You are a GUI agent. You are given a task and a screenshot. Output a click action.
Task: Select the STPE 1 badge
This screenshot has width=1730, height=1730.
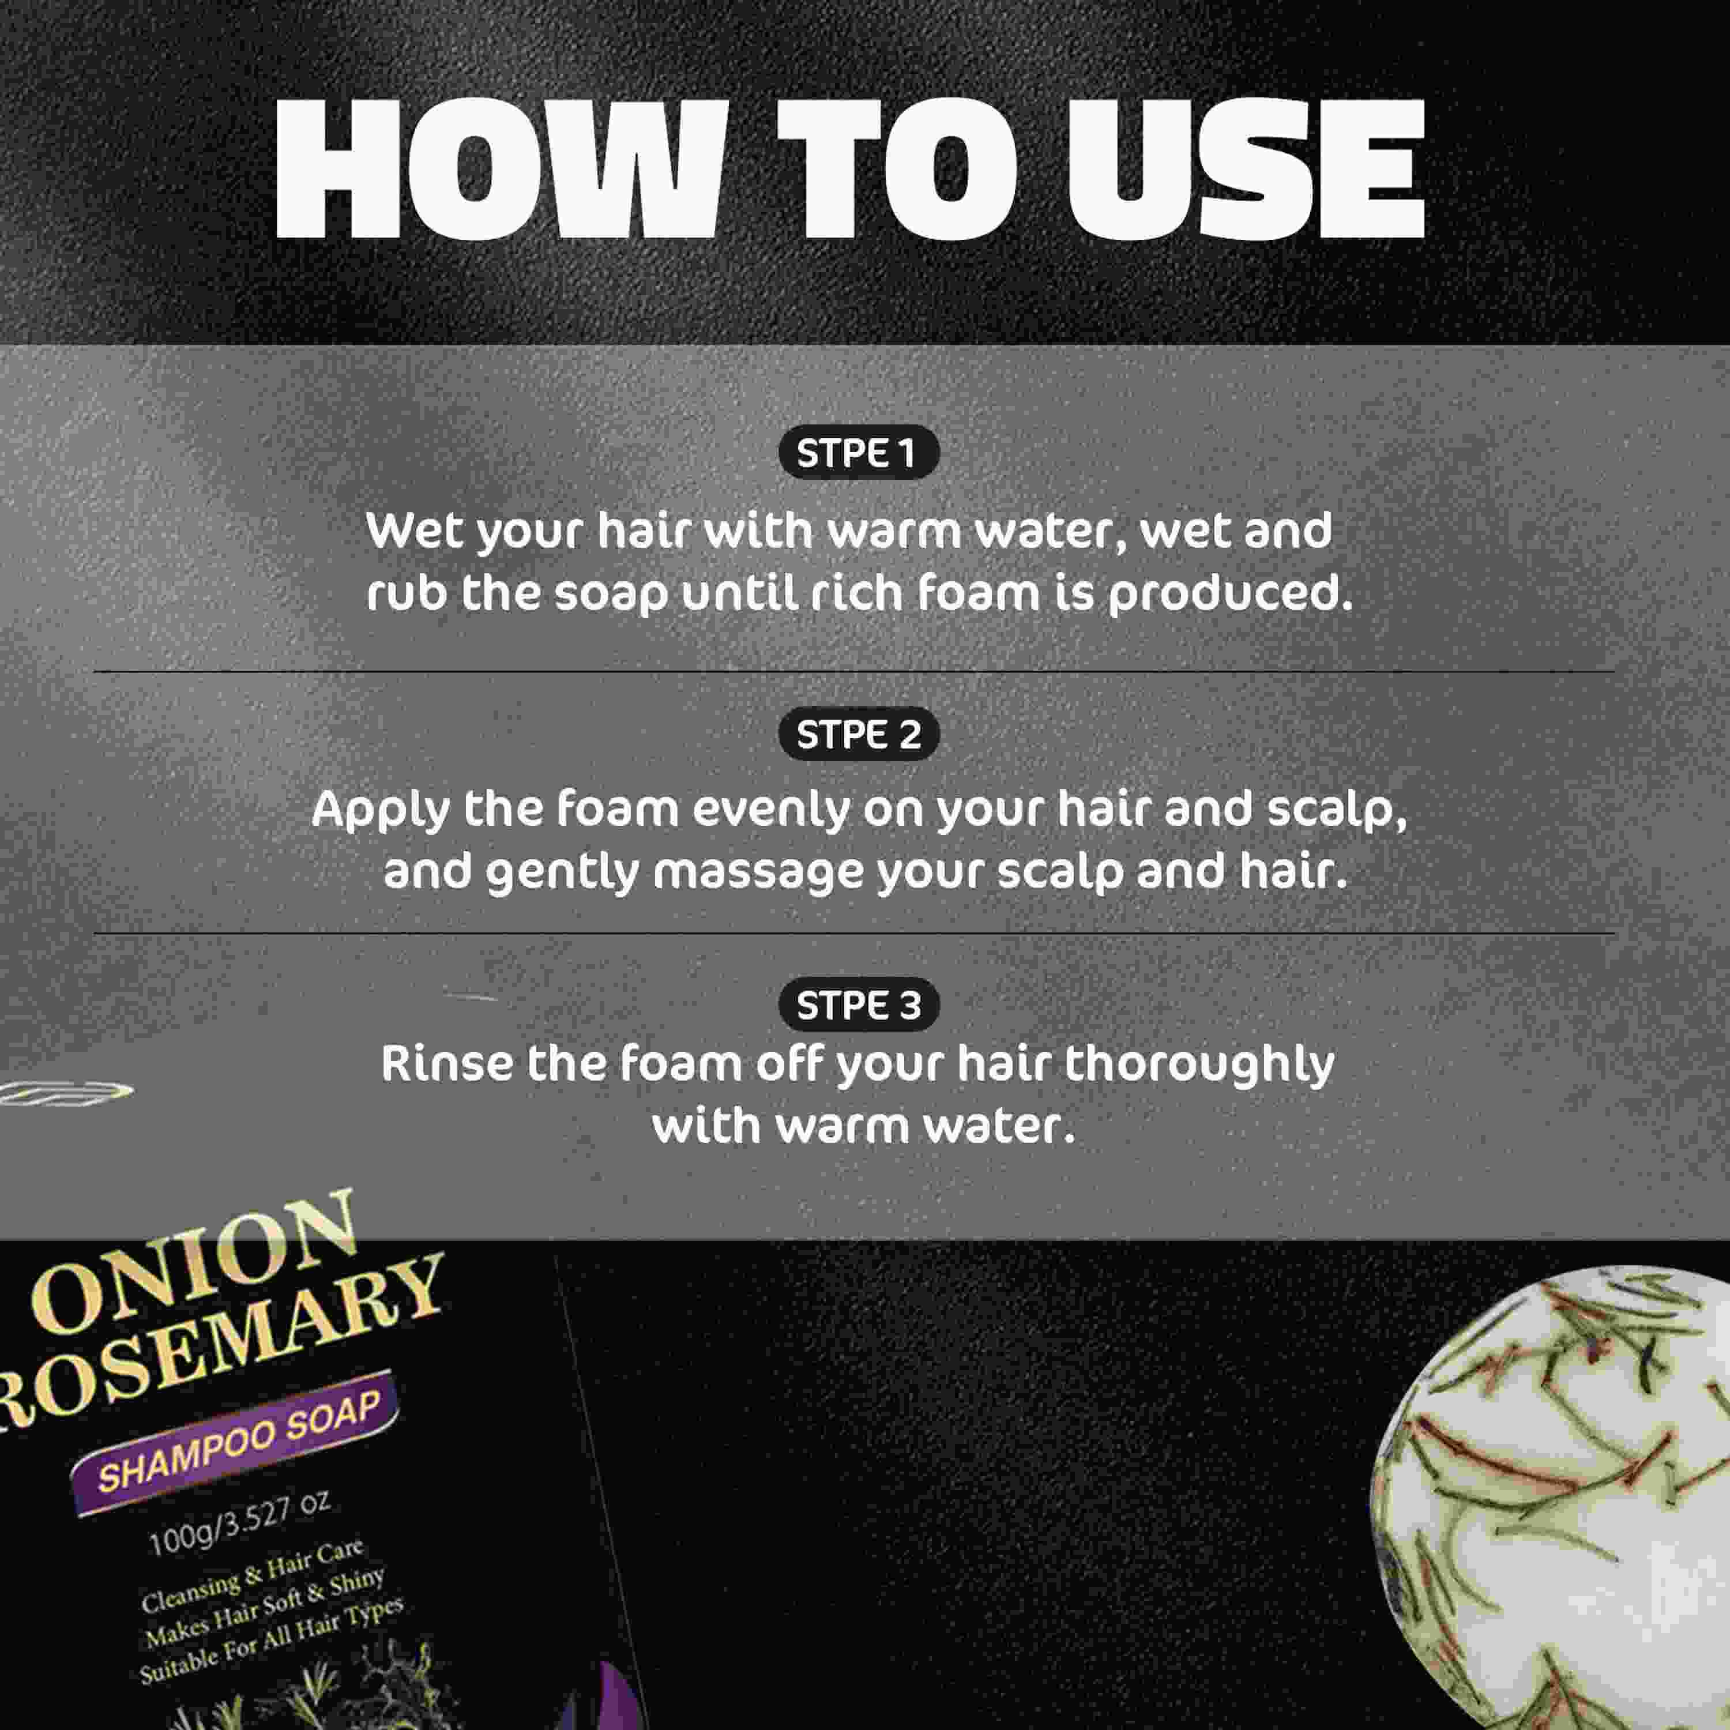[858, 453]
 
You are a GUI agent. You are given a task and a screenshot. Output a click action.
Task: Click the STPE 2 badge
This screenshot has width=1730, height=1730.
[858, 734]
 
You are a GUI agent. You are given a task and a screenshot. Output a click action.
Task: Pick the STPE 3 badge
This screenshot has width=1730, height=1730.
[858, 1005]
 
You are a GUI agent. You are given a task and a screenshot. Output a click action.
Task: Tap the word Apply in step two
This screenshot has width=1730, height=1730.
[381, 810]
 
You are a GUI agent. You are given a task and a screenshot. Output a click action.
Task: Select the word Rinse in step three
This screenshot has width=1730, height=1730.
[446, 1064]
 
